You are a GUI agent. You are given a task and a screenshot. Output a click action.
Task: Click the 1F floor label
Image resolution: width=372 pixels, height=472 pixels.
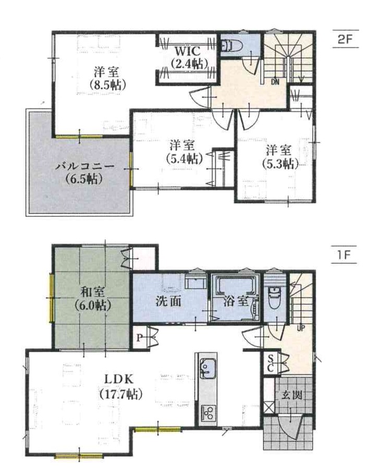click(344, 255)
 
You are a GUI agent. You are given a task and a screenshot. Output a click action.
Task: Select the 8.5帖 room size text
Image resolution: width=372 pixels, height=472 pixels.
click(107, 85)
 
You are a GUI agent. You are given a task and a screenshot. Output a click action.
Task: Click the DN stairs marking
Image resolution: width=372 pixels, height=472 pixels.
click(275, 81)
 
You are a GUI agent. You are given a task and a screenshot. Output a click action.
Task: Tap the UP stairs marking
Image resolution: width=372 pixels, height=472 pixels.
click(301, 329)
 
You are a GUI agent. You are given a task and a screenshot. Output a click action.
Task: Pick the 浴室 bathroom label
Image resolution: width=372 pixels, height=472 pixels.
click(236, 301)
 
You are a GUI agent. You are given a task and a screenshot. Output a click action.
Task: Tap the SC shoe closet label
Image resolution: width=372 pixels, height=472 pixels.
click(270, 363)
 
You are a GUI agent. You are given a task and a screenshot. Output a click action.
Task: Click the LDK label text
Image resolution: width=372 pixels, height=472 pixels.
click(119, 379)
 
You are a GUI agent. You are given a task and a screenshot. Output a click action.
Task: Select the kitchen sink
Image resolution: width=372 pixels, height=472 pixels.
click(207, 368)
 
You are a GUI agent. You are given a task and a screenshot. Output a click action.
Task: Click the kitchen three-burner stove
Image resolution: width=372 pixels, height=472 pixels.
click(208, 413)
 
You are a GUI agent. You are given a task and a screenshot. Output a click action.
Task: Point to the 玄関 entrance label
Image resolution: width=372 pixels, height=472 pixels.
click(292, 395)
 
